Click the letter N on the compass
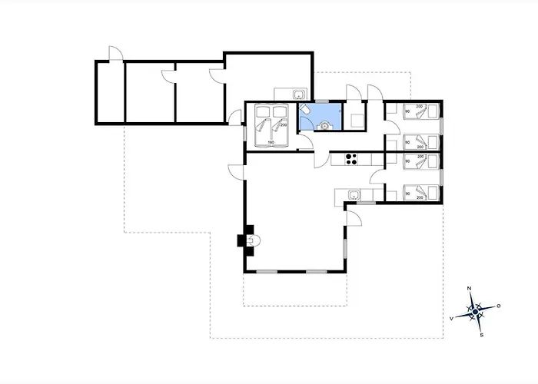click(470, 289)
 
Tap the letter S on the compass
click(481, 335)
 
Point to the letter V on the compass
click(451, 316)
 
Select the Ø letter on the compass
click(499, 306)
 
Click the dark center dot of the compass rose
click(475, 311)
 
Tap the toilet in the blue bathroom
click(306, 111)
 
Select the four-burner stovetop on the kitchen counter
click(351, 159)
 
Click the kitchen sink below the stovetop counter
click(353, 195)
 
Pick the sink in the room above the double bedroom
click(298, 94)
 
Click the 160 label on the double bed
click(271, 142)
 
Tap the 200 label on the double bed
click(283, 124)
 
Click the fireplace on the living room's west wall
click(247, 240)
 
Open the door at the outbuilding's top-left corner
click(115, 54)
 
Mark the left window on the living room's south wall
click(268, 272)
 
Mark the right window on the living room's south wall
click(317, 272)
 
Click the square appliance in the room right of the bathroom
click(357, 121)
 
